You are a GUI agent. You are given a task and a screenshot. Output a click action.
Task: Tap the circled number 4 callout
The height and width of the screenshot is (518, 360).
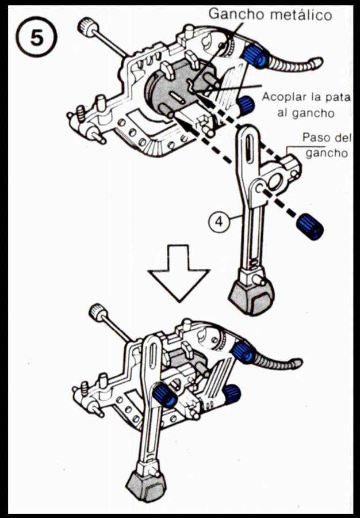click(x=220, y=220)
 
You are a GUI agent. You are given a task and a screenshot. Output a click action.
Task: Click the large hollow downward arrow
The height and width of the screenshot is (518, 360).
click(x=179, y=271)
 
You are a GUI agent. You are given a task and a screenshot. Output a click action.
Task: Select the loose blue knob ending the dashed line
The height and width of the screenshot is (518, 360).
click(x=311, y=226)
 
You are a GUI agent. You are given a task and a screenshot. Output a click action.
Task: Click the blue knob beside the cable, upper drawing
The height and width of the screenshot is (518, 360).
click(x=254, y=56)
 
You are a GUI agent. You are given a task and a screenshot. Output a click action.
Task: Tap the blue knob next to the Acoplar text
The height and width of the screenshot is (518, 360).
click(x=246, y=104)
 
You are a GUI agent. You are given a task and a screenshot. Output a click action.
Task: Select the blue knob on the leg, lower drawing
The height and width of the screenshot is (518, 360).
click(x=165, y=396)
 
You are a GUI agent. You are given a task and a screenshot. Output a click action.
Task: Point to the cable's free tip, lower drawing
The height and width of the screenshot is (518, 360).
click(x=297, y=363)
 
